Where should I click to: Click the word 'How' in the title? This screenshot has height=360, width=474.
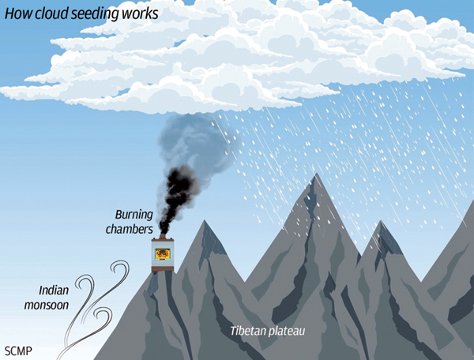click(17, 14)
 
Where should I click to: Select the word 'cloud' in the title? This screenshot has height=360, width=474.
click(53, 14)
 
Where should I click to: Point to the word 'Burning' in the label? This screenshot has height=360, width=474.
click(134, 214)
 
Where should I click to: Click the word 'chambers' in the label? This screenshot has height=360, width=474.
click(131, 229)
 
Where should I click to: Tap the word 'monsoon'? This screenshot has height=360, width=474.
click(47, 304)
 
